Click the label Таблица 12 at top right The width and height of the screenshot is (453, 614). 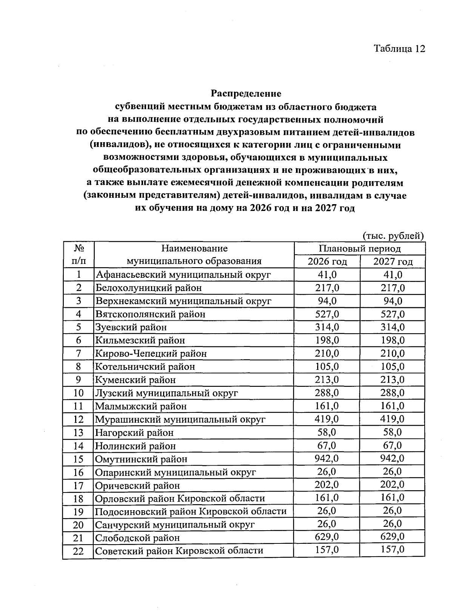click(399, 49)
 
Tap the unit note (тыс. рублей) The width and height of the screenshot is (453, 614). click(393, 236)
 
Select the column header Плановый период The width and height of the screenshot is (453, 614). click(359, 249)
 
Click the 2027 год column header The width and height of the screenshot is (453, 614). click(393, 262)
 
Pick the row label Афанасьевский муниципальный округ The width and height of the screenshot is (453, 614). click(183, 275)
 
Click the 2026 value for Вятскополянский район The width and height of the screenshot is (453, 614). click(327, 314)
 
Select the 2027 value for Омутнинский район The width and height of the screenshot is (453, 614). click(392, 459)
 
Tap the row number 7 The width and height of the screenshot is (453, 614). click(79, 354)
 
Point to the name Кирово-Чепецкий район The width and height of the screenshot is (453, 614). click(151, 354)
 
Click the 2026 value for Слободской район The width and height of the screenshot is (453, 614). click(327, 537)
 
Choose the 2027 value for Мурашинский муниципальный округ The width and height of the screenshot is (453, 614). click(392, 419)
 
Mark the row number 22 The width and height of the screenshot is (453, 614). click(78, 551)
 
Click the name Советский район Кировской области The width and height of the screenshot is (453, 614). click(179, 551)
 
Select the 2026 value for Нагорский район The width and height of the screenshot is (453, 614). click(327, 432)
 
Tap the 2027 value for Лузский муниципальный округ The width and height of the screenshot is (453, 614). click(392, 393)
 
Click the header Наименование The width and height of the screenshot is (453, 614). click(194, 249)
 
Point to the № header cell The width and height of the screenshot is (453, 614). click(79, 249)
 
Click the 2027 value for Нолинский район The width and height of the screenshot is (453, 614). click(392, 445)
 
